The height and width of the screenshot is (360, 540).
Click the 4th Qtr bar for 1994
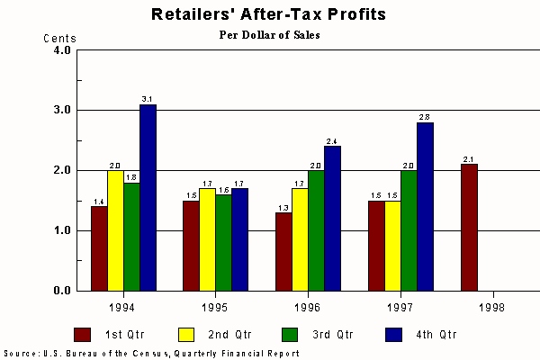[x=148, y=197]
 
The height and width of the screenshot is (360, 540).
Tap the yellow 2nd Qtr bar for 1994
[x=115, y=230]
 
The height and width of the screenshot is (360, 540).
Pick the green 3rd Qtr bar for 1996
[x=317, y=230]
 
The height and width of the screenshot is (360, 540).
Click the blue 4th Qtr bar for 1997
[x=425, y=206]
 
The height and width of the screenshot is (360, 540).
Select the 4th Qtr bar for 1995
[x=240, y=239]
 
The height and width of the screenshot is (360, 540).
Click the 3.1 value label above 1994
[x=148, y=98]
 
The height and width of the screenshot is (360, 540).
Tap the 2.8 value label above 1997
[x=425, y=116]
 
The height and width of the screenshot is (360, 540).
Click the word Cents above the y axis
[x=60, y=39]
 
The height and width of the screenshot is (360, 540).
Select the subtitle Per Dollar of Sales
[x=270, y=35]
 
